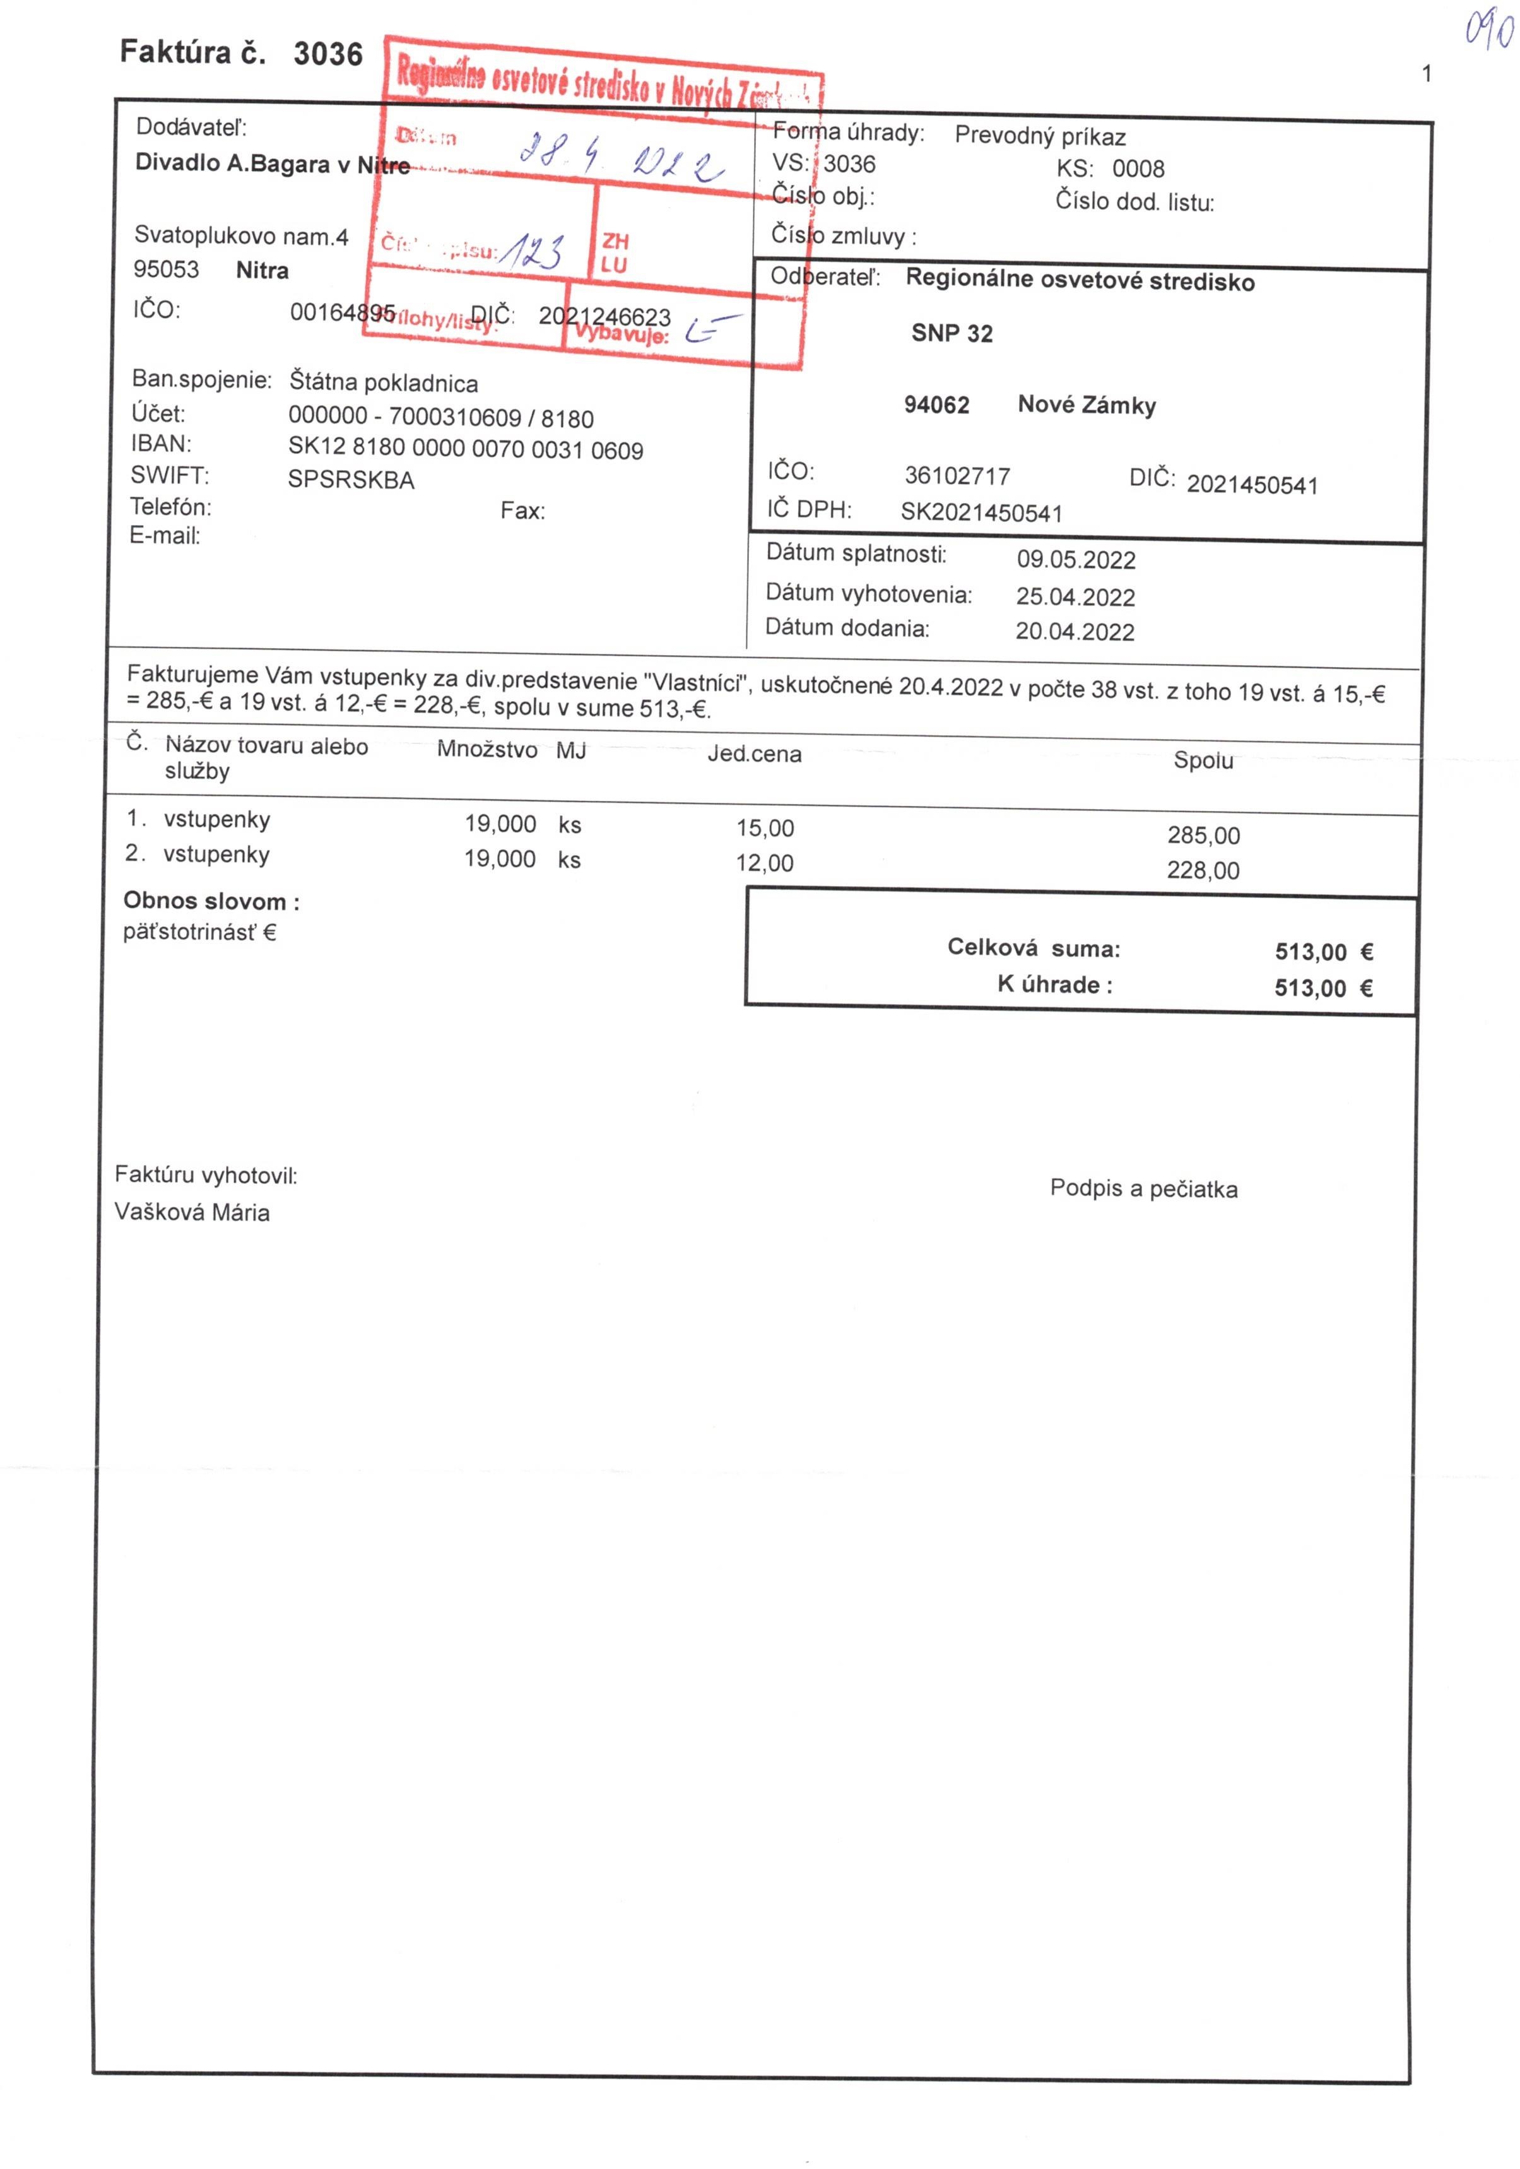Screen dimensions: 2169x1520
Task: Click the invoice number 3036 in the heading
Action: [328, 54]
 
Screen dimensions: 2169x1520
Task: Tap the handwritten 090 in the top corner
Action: [1490, 30]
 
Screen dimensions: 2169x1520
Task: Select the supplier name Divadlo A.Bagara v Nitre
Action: [272, 164]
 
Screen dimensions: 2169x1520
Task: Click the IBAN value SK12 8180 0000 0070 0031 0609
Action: [466, 450]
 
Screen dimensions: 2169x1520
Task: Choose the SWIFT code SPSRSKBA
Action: [350, 480]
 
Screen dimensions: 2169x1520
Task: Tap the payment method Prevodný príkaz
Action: [1040, 137]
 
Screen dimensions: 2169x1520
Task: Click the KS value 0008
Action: [1138, 169]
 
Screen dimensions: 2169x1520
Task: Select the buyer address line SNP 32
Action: [951, 333]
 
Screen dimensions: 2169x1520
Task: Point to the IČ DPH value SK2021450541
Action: [982, 513]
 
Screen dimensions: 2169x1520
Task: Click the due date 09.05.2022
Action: [1076, 560]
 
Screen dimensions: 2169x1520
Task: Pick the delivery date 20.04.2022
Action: [1075, 632]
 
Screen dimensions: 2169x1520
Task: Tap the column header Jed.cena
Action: [754, 755]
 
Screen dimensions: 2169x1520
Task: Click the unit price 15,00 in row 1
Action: [765, 829]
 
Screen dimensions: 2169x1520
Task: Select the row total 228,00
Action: [1203, 870]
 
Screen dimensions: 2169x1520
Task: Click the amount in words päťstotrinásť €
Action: [199, 932]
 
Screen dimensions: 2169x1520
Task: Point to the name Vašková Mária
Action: [192, 1212]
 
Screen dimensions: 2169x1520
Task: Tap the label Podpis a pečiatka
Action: [1143, 1188]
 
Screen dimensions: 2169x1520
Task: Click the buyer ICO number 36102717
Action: [957, 476]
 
